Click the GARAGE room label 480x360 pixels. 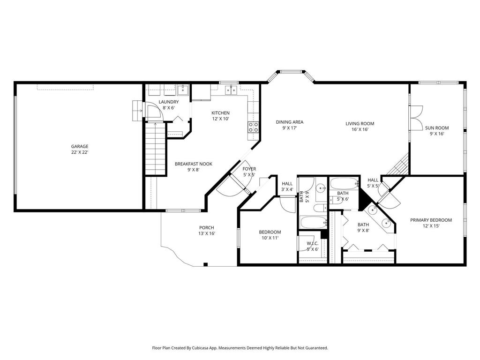click(80, 146)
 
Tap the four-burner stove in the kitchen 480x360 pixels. click(253, 127)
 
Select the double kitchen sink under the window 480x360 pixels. click(230, 90)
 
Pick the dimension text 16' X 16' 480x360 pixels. click(360, 130)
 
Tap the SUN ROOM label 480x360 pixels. click(437, 127)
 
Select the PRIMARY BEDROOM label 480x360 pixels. click(431, 220)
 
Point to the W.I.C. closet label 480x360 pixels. click(313, 243)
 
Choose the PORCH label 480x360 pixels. click(207, 228)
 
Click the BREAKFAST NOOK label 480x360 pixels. click(194, 164)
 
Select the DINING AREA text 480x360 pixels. click(289, 122)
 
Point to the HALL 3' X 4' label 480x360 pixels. click(287, 184)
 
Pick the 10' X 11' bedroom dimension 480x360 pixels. click(270, 238)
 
